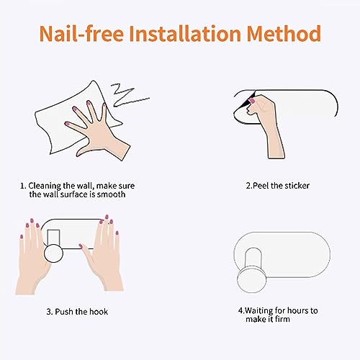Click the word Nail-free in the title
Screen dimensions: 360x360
coord(81,33)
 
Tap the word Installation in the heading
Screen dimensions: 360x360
coord(185,33)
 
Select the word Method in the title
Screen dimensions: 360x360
coord(284,33)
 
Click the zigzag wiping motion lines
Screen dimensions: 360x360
coord(129,95)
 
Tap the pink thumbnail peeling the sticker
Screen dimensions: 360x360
coord(252,100)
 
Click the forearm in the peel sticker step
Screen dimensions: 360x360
coord(276,144)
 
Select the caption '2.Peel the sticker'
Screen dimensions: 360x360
coord(278,186)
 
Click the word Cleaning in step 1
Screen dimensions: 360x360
coord(45,186)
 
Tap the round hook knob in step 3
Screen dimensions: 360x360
coord(53,253)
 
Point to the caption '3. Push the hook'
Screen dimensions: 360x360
coord(77,312)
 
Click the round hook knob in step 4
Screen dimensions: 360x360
coord(251,280)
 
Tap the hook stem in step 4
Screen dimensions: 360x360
coord(253,258)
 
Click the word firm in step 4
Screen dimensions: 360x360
coord(282,319)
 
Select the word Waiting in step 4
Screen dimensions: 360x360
coord(258,311)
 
